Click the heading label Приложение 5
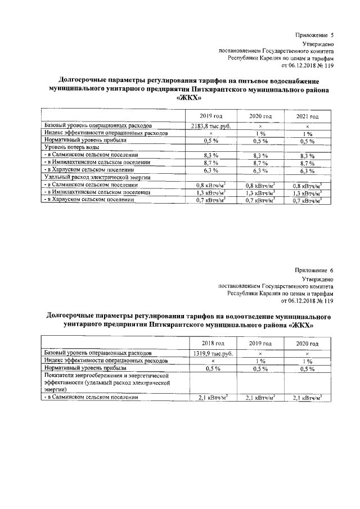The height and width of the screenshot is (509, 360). [314, 35]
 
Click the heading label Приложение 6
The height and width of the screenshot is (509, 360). [314, 271]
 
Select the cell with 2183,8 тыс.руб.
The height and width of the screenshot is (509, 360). [211, 125]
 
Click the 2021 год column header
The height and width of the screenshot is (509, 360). [307, 115]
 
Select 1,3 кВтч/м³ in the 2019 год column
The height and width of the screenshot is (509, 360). [211, 192]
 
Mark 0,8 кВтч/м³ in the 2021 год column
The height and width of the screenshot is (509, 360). [307, 185]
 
